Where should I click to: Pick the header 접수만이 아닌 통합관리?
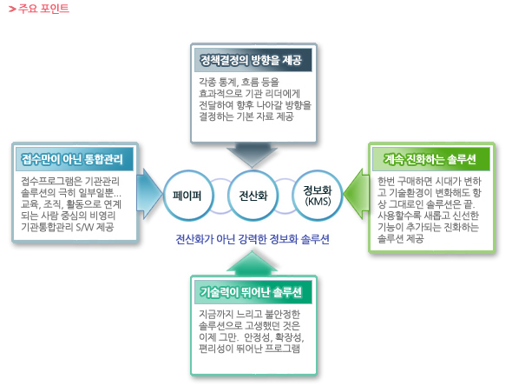[x=77, y=159]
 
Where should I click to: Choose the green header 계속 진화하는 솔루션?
[x=430, y=159]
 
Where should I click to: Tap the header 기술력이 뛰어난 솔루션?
[x=251, y=291]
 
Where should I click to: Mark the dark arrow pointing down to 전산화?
[x=253, y=155]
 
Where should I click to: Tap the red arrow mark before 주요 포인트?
[x=10, y=9]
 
